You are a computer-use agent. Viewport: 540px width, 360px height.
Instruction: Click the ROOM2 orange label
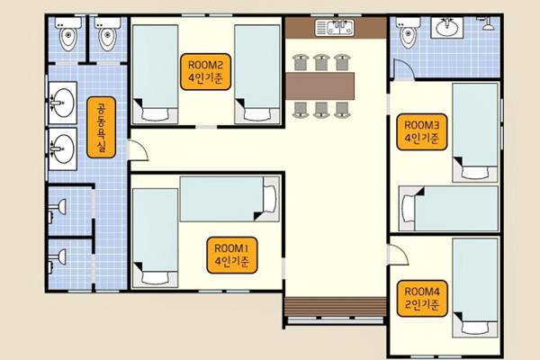pyautogui.click(x=205, y=72)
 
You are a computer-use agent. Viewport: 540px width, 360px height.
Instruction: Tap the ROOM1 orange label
pyautogui.click(x=232, y=255)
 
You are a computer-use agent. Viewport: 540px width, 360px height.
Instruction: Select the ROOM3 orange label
pyautogui.click(x=422, y=132)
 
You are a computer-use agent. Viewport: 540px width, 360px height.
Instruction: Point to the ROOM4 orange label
pyautogui.click(x=422, y=298)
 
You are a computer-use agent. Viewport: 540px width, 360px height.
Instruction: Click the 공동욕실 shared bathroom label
pyautogui.click(x=101, y=127)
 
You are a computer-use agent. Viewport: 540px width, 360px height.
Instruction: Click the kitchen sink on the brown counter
pyautogui.click(x=335, y=28)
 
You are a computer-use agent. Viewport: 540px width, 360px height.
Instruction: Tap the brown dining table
pyautogui.click(x=319, y=85)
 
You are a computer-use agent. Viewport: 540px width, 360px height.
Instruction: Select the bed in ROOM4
pyautogui.click(x=475, y=288)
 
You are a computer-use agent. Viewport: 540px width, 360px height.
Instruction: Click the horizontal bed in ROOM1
pyautogui.click(x=229, y=199)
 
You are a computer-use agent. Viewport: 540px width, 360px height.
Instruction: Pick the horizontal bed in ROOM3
pyautogui.click(x=448, y=209)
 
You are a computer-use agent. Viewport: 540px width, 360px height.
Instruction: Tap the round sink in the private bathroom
pyautogui.click(x=447, y=27)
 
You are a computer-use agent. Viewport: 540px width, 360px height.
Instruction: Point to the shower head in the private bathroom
pyautogui.click(x=487, y=23)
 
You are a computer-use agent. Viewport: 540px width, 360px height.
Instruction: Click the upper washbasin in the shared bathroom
pyautogui.click(x=63, y=103)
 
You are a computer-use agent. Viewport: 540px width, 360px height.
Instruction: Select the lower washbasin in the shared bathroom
pyautogui.click(x=63, y=148)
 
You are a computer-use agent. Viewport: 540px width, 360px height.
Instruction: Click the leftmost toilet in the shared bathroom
pyautogui.click(x=68, y=34)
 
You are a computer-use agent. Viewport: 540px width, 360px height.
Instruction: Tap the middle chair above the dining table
pyautogui.click(x=321, y=62)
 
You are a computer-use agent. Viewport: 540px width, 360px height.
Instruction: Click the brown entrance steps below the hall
pyautogui.click(x=336, y=307)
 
